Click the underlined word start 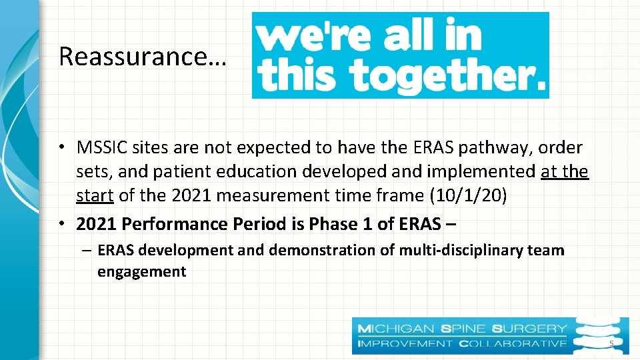pos(95,196)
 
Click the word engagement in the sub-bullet pos(142,271)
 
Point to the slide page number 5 pos(610,344)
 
